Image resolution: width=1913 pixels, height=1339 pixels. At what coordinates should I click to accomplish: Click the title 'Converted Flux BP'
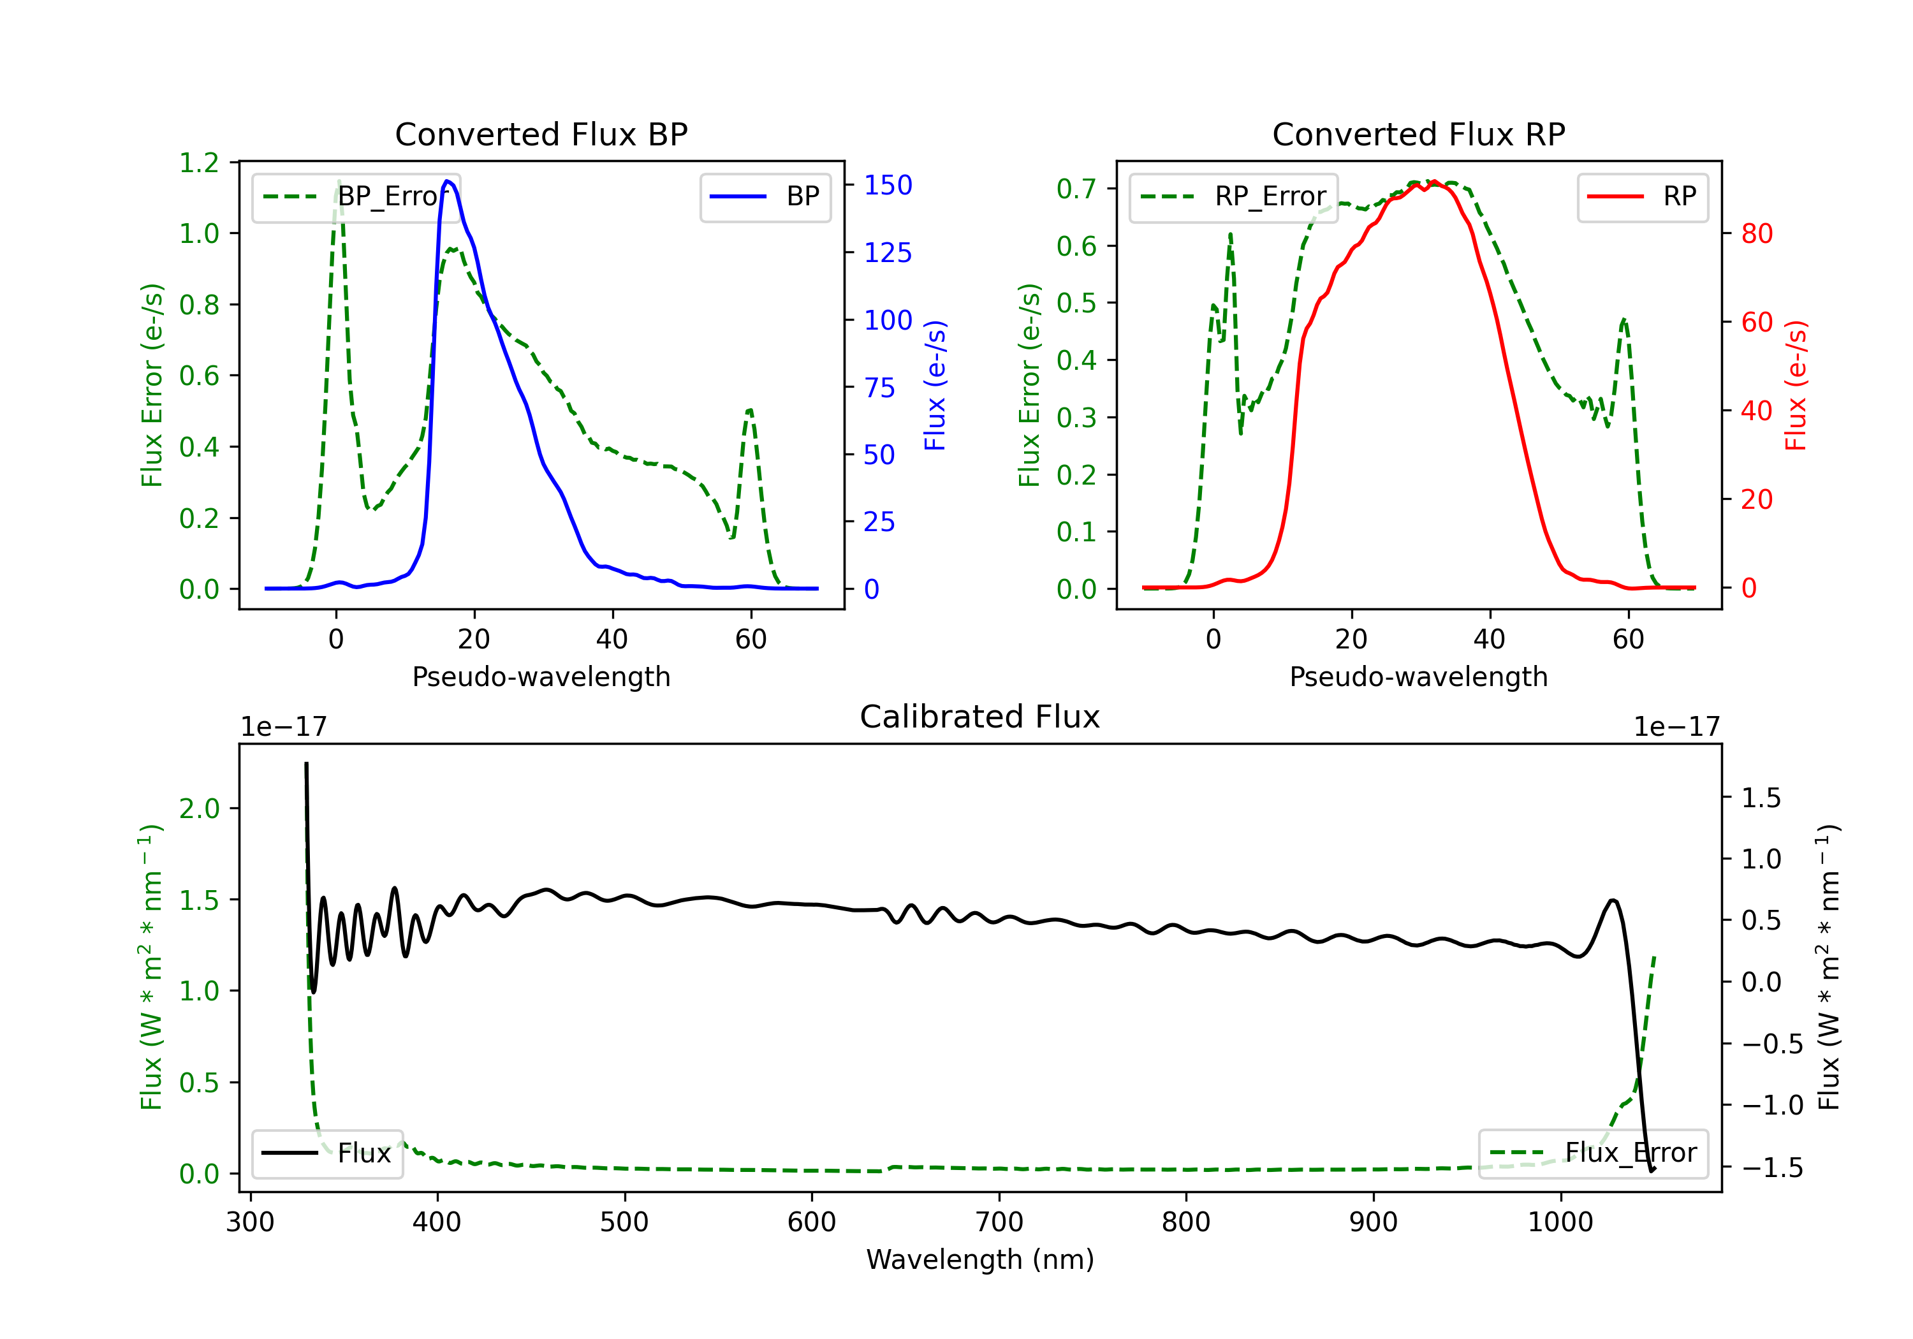(541, 134)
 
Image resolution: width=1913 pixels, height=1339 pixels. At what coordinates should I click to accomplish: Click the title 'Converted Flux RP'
(1418, 134)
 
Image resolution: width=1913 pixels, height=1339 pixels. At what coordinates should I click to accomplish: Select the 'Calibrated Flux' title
(980, 717)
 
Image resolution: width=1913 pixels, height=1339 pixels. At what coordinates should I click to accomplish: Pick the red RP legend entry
(1642, 196)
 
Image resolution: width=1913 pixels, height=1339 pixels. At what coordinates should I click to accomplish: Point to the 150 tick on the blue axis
(888, 185)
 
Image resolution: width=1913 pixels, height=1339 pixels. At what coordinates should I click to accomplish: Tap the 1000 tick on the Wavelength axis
(1560, 1222)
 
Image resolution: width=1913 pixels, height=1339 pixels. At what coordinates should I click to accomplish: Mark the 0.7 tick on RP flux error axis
(1076, 188)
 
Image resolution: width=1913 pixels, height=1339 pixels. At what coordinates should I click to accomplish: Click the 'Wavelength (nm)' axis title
(980, 1259)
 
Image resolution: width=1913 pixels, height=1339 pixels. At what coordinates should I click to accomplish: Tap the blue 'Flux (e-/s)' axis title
(935, 385)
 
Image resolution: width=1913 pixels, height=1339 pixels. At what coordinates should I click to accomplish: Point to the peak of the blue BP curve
(448, 181)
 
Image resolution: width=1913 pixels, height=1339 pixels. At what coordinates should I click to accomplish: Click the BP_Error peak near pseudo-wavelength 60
(750, 409)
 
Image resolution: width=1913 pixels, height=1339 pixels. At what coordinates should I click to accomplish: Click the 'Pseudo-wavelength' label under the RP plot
(1418, 677)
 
